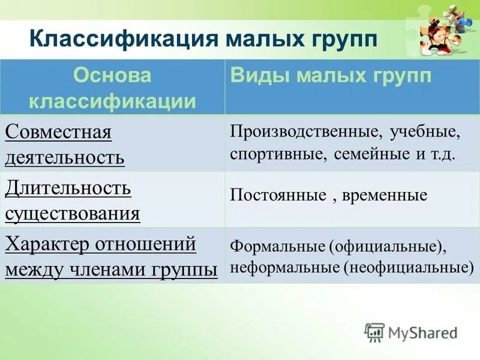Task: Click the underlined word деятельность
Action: pos(65,157)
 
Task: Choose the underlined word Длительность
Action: pos(68,188)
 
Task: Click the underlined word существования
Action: pos(73,213)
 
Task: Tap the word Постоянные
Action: pos(275,196)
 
